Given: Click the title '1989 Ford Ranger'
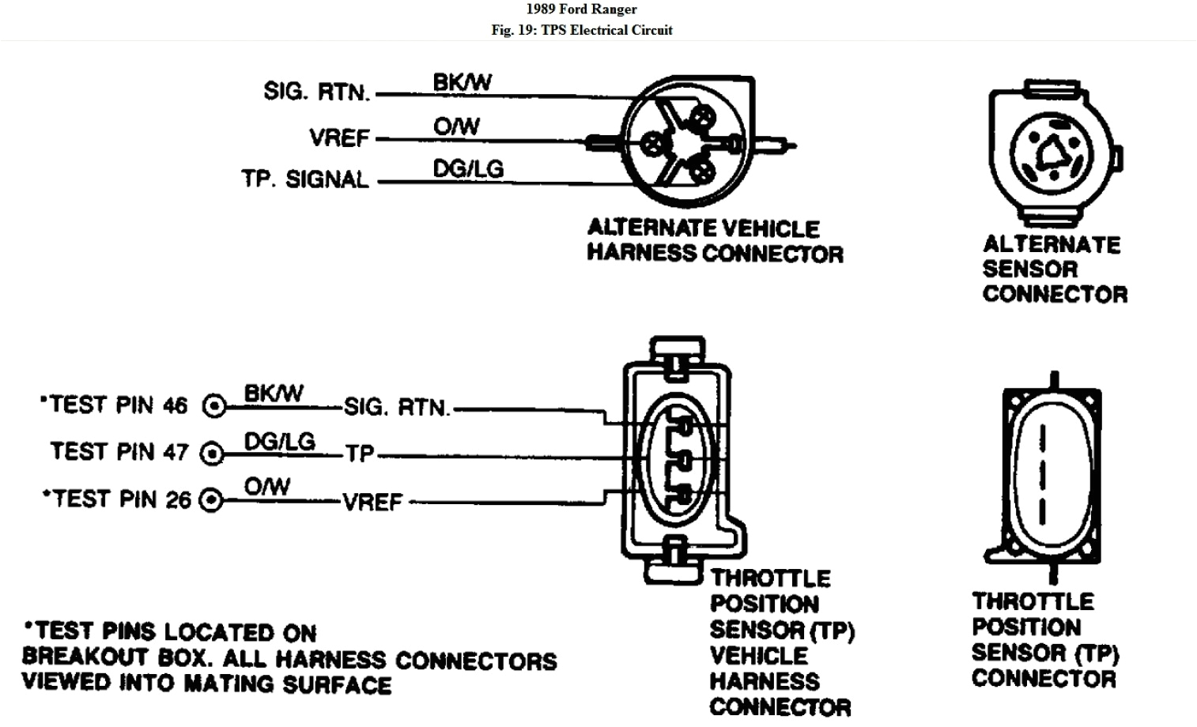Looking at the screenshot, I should point(581,9).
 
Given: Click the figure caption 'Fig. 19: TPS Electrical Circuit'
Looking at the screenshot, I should point(581,30).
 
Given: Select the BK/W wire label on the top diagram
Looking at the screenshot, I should point(462,82).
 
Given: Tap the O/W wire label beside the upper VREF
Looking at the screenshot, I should point(456,126).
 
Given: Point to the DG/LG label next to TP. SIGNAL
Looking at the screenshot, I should point(468,168).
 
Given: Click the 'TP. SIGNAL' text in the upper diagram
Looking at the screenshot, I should point(305,179).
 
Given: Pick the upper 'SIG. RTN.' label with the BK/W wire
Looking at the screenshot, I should point(316,92).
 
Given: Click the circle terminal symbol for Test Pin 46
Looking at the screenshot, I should point(214,406).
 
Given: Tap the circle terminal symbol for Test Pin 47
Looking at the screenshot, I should point(212,454).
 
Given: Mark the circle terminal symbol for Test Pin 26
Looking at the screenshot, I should point(210,501).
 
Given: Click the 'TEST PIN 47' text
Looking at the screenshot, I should point(119,452).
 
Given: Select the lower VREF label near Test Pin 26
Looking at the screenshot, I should point(372,502).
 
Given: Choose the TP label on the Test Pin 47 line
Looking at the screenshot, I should point(360,454).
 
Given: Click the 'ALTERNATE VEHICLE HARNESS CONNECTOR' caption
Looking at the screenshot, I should point(715,241).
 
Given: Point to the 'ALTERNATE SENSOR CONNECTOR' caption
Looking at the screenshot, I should point(1054,269).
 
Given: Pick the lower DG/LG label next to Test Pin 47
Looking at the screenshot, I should point(279,441).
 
